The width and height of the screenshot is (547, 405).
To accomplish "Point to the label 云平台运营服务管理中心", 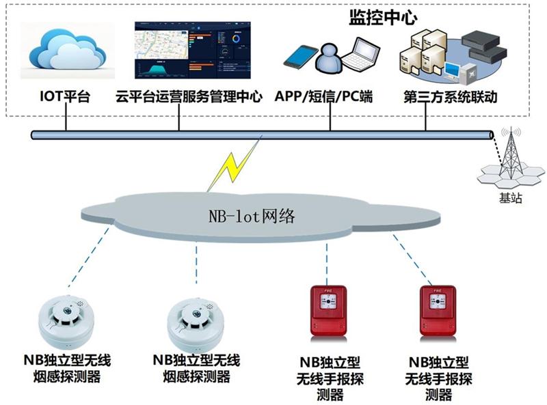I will pos(189,96).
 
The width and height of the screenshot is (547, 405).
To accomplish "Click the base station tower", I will pos(511,154).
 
